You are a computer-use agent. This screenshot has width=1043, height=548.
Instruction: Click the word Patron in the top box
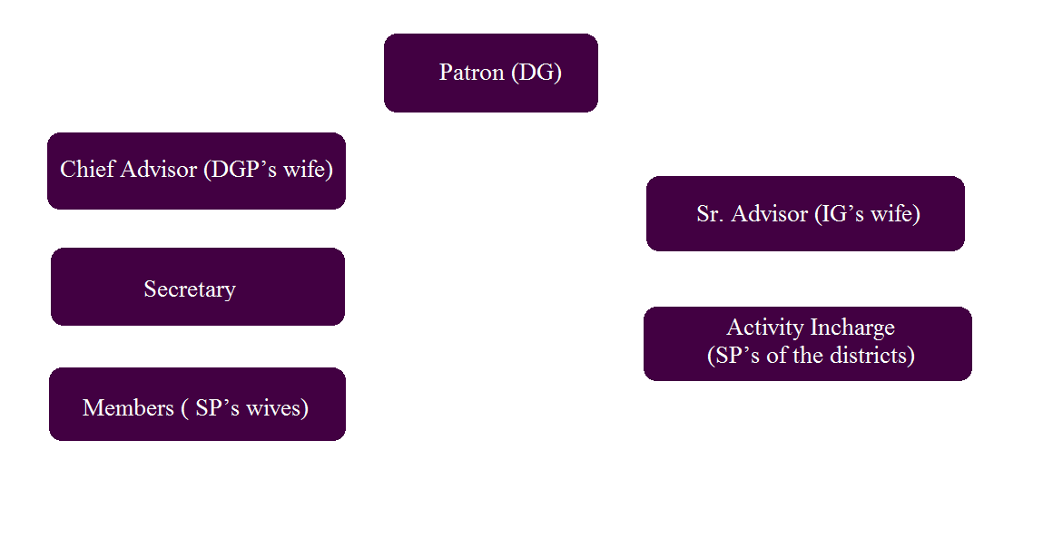coord(471,73)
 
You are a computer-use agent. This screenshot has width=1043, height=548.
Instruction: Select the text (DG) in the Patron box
coord(536,73)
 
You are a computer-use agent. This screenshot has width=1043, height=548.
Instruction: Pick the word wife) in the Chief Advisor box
coord(308,170)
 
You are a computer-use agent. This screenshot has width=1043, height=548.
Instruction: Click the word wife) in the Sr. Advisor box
coord(898,214)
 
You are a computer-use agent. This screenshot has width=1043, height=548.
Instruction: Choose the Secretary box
coord(190,289)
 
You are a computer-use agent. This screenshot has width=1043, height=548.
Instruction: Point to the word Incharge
coord(851,328)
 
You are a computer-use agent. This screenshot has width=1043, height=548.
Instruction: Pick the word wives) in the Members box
coord(276,408)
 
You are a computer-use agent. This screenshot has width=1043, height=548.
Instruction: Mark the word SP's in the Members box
coord(216,408)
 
